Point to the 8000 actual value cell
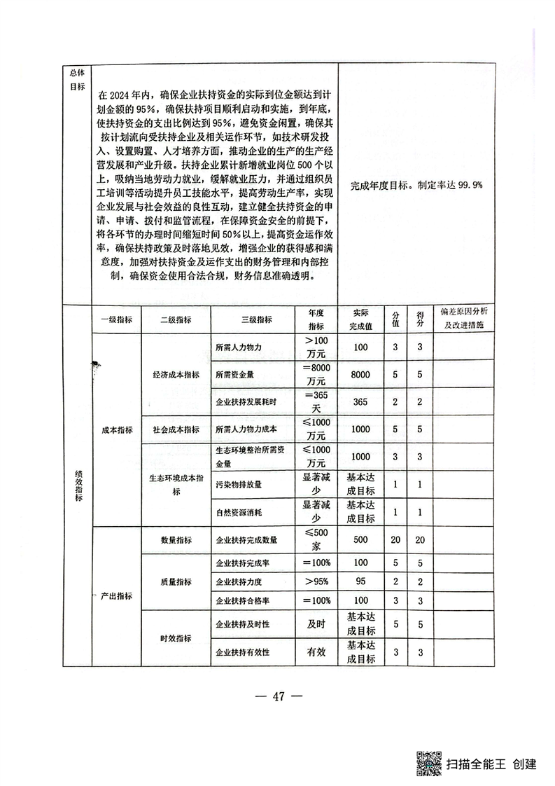(x=361, y=375)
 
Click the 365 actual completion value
(x=361, y=402)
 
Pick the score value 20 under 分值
(x=395, y=540)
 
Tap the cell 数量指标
(x=176, y=540)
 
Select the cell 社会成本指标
(x=176, y=429)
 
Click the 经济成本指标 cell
(x=176, y=375)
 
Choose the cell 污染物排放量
(x=243, y=484)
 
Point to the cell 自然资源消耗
(x=243, y=511)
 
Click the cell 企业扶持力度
(x=242, y=581)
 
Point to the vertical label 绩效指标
(x=78, y=484)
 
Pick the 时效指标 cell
(x=176, y=638)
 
